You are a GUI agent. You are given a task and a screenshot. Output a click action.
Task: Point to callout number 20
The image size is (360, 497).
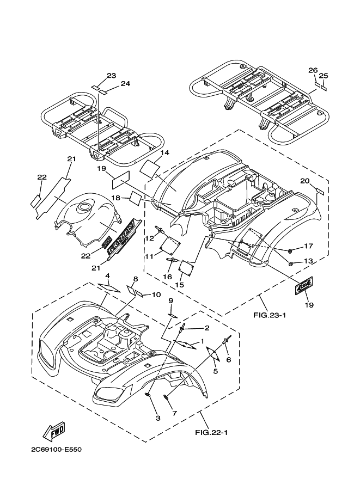coord(304,181)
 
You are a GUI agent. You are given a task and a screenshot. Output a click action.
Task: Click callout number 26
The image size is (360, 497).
coord(313,70)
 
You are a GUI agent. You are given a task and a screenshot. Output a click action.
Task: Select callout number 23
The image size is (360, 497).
coord(112,75)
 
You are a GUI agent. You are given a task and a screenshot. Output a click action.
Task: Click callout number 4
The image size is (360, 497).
coord(108,275)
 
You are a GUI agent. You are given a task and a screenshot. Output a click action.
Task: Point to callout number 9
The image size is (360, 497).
coord(170,300)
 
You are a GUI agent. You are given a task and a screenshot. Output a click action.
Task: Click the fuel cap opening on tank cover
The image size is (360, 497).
coord(86,207)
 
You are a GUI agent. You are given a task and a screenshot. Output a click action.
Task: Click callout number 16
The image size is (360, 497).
coord(168,277)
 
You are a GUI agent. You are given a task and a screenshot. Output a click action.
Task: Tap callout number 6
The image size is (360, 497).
coord(229,359)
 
